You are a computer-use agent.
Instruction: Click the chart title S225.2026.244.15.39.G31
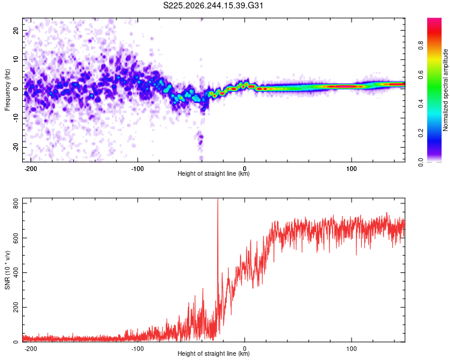tap(213, 5)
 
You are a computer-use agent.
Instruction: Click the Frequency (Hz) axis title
tap(7, 90)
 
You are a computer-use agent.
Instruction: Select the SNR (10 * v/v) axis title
tap(7, 270)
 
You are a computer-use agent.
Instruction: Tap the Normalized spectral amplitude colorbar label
tap(445, 90)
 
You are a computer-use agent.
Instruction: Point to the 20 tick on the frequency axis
tap(16, 30)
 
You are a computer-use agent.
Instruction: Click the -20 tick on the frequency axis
tap(16, 147)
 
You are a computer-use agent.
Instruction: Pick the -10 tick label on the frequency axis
tap(16, 118)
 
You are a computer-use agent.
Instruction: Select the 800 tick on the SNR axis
tap(16, 203)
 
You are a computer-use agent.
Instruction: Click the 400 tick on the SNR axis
tap(16, 272)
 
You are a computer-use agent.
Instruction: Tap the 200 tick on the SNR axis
tap(16, 307)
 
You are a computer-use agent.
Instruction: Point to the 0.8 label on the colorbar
tap(421, 46)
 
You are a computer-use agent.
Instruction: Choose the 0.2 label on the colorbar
tap(421, 133)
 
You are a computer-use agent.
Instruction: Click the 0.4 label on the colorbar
tap(421, 104)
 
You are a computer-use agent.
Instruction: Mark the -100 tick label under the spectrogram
tap(137, 169)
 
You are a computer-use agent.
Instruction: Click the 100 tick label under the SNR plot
tap(351, 349)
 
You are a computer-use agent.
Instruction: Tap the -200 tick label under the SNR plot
tap(31, 349)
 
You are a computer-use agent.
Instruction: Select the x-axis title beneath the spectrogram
tap(214, 173)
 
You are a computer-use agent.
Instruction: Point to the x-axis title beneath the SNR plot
tap(214, 353)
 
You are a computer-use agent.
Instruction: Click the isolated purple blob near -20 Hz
tap(200, 139)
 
